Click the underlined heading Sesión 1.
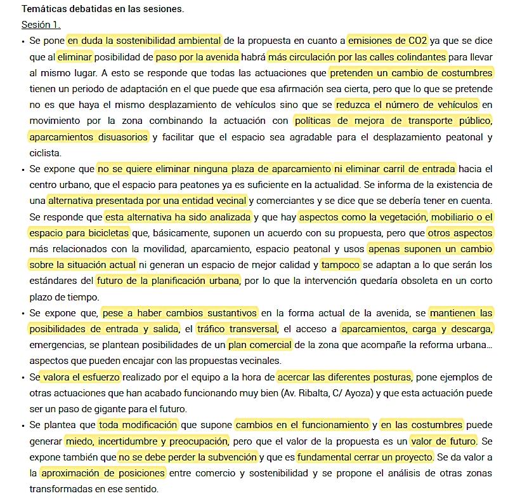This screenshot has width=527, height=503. tap(41, 25)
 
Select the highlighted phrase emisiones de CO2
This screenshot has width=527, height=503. tap(388, 41)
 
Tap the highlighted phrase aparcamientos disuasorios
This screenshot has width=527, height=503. tap(89, 137)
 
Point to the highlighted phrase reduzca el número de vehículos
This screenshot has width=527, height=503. tap(407, 104)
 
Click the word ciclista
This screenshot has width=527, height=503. tap(45, 153)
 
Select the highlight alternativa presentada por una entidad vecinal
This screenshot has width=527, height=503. tap(147, 201)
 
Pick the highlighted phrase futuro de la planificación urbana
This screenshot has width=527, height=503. tap(168, 281)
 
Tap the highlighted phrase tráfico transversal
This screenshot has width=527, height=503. tap(237, 329)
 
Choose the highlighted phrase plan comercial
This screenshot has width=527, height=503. tap(259, 345)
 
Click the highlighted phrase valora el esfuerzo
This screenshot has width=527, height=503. tap(81, 377)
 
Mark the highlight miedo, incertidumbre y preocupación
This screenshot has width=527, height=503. tap(146, 441)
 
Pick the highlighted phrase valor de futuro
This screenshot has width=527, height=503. tap(443, 441)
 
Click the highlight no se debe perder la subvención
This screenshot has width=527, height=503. tap(188, 457)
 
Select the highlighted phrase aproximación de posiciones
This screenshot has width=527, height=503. tap(103, 473)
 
